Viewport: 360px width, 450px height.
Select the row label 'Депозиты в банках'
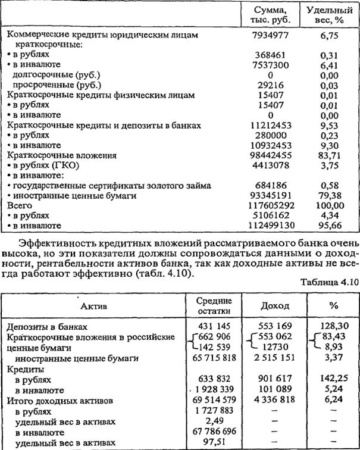point(47,327)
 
